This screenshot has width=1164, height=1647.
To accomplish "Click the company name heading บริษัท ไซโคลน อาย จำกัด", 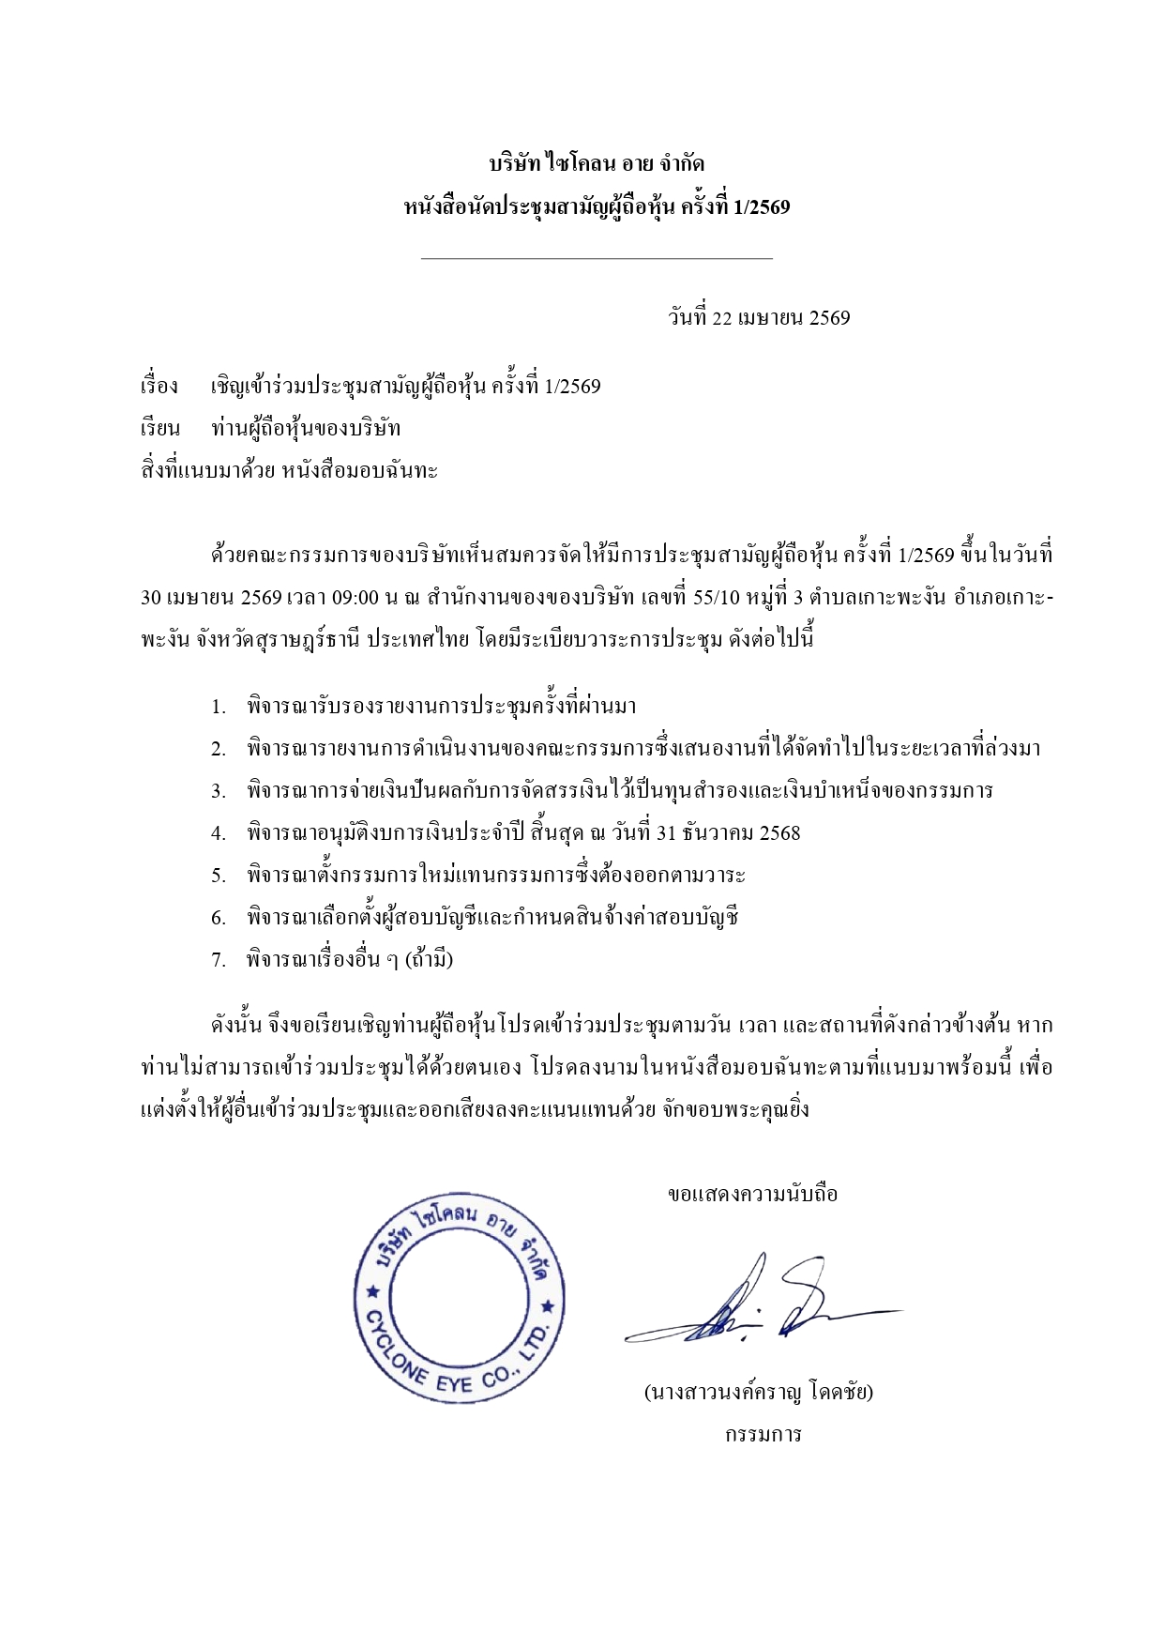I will coord(597,165).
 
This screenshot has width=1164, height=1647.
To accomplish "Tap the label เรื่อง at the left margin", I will coord(159,387).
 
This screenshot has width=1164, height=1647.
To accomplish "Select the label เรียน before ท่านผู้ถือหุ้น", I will coord(159,429).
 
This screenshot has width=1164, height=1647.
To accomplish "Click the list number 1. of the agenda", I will coord(218,707).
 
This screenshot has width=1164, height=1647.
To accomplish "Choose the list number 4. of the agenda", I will coord(218,833).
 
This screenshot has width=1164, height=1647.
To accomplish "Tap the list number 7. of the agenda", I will coord(218,960).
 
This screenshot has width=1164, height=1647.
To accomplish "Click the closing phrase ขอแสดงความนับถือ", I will coord(752,1195).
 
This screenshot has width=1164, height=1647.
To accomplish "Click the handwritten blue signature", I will coord(760,1304).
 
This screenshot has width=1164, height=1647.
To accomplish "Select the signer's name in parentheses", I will coord(758,1392).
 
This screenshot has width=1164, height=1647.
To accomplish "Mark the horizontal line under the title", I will coord(597,258).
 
